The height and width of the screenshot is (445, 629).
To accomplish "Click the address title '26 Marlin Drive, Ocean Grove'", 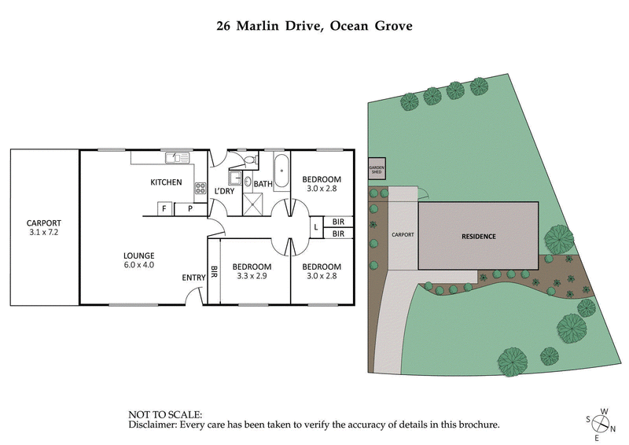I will [x=314, y=26].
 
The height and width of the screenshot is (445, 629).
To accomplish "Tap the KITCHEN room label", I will [x=166, y=182].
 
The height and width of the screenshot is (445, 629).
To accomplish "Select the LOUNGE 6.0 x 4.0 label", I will [x=138, y=260].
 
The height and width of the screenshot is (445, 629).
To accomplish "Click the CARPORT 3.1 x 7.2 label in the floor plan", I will [x=44, y=228].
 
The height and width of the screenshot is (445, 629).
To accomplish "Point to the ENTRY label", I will [x=193, y=278].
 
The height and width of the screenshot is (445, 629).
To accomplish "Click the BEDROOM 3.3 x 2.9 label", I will [x=252, y=271].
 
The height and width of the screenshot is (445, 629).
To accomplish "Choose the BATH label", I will [x=263, y=185].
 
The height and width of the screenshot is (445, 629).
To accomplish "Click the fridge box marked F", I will [x=164, y=208].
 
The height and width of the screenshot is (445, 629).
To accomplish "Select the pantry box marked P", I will [x=189, y=208].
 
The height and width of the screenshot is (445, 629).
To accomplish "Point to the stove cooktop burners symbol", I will [x=200, y=189].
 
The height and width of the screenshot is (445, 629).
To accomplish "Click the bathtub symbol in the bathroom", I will [x=281, y=171].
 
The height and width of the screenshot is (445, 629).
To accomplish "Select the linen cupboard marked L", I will [x=316, y=227].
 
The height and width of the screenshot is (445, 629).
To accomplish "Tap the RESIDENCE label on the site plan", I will [x=478, y=236].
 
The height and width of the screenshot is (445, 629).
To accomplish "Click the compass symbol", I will [x=601, y=423].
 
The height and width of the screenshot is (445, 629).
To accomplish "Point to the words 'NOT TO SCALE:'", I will [x=164, y=414].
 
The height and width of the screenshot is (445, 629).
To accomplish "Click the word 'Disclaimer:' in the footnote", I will [x=154, y=425].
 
